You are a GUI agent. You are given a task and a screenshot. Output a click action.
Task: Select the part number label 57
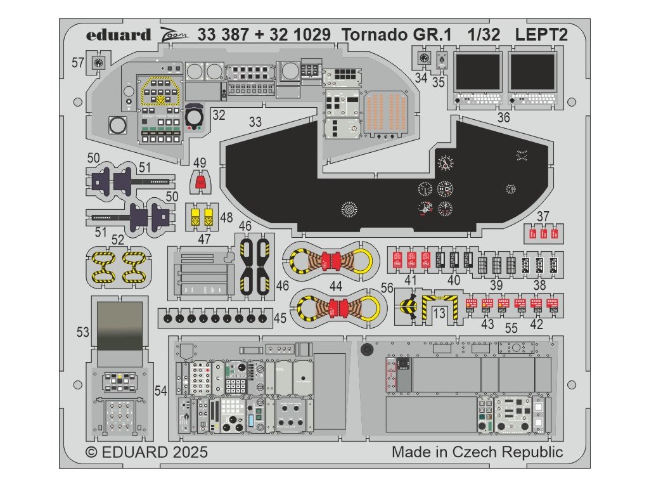(x=78, y=63)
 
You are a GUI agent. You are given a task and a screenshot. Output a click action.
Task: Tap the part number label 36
(x=503, y=117)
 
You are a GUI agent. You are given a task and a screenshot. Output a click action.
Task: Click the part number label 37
(x=543, y=216)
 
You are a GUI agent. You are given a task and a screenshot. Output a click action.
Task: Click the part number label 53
(x=83, y=332)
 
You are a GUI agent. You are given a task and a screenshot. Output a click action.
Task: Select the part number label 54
(x=160, y=392)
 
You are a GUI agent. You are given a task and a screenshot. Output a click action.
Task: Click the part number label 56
(x=388, y=287)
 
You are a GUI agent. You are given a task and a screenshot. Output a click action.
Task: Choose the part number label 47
(x=202, y=238)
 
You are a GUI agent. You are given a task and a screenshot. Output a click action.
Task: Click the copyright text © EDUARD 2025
(x=146, y=453)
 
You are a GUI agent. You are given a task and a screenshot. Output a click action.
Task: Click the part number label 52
(x=117, y=239)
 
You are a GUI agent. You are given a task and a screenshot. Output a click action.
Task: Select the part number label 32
(x=219, y=115)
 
